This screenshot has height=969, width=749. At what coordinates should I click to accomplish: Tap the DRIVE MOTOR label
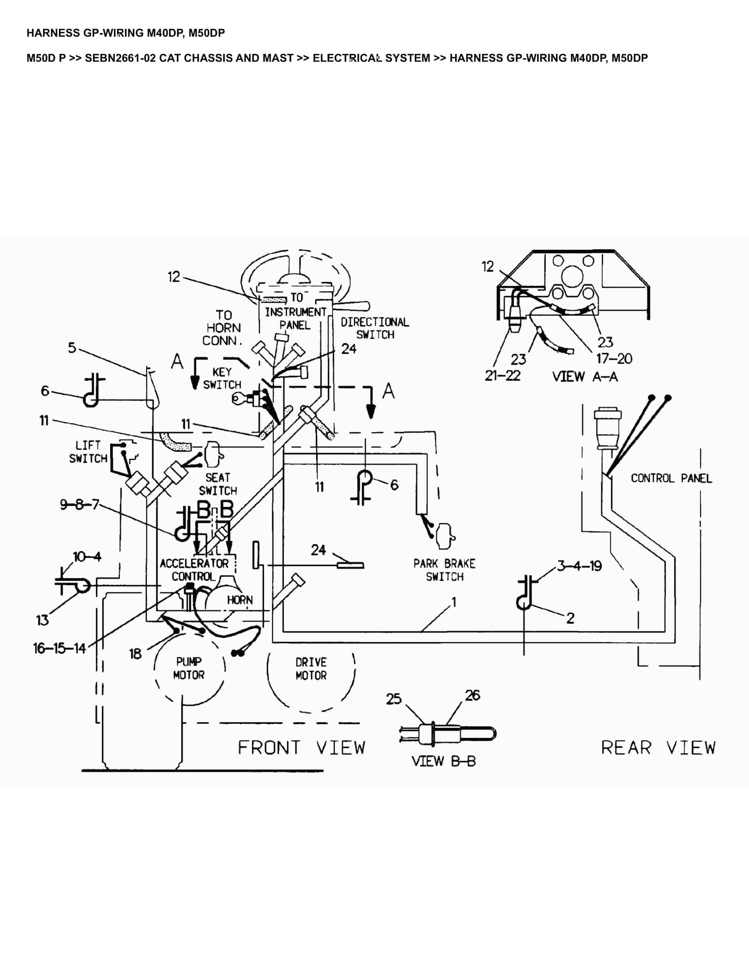pos(311,669)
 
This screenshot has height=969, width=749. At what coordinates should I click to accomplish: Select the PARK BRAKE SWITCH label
pos(444,570)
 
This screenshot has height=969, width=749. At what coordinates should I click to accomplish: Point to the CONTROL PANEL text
pos(671,478)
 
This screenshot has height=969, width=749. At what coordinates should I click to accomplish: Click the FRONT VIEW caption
pos(302,748)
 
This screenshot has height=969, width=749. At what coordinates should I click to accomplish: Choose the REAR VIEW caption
pos(658,748)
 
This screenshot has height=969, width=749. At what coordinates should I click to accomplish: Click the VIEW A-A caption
pos(585,377)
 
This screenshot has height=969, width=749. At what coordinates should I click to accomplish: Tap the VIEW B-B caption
pos(444,761)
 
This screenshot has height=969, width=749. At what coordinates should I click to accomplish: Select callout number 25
pos(393,699)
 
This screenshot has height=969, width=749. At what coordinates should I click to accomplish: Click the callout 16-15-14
pos(59,649)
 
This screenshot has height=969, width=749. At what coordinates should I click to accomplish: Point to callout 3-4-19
pos(579,566)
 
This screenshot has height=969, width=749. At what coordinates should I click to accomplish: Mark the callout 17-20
pos(614,358)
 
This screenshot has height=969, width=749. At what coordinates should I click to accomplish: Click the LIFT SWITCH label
pos(88,452)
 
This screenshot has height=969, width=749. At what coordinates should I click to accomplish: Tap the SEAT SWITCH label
pos(218,484)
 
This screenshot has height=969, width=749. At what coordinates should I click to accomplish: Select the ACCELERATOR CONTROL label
pos(194,570)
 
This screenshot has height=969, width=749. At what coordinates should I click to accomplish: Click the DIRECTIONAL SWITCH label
pos(375,328)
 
